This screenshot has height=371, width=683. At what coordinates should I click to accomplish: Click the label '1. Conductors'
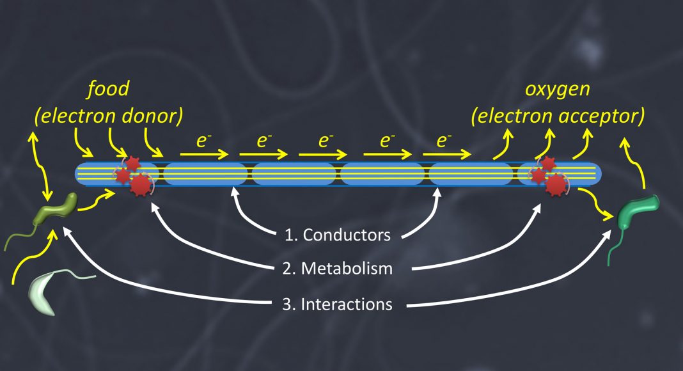338,235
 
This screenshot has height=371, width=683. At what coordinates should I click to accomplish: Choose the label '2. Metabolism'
338,269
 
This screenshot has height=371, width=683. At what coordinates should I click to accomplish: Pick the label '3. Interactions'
338,304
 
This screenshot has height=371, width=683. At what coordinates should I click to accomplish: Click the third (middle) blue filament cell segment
294,173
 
